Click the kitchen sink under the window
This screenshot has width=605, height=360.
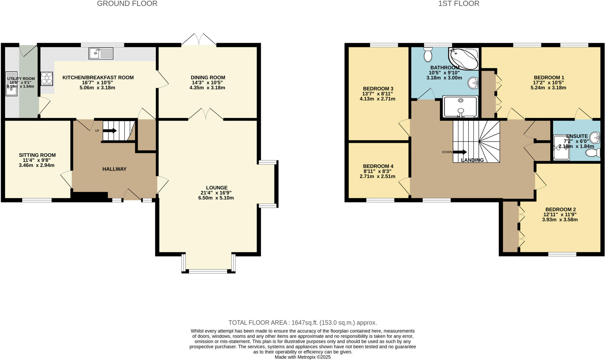pyautogui.click(x=101, y=53)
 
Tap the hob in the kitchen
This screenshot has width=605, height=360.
pyautogui.click(x=47, y=79)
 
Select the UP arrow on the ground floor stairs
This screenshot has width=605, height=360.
pyautogui.click(x=110, y=131)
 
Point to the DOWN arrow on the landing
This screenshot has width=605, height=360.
pyautogui.click(x=460, y=152)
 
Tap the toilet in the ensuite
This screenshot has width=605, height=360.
pyautogui.click(x=593, y=153)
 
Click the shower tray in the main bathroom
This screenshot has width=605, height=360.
pyautogui.click(x=460, y=107)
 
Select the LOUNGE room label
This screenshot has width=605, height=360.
pyautogui.click(x=217, y=188)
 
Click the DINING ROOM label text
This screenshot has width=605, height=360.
pyautogui.click(x=208, y=77)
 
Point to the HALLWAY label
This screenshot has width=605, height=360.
pyautogui.click(x=114, y=169)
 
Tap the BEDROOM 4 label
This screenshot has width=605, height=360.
pyautogui.click(x=378, y=166)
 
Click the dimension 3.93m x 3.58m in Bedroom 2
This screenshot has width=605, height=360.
pyautogui.click(x=560, y=219)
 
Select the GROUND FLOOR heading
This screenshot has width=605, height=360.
pyautogui.click(x=127, y=4)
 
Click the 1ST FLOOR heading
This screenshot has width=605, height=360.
pyautogui.click(x=458, y=4)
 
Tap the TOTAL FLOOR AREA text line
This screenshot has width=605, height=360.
pyautogui.click(x=302, y=322)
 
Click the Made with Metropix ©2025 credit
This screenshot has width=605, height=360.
pyautogui.click(x=302, y=357)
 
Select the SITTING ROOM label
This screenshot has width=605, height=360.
pyautogui.click(x=37, y=155)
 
